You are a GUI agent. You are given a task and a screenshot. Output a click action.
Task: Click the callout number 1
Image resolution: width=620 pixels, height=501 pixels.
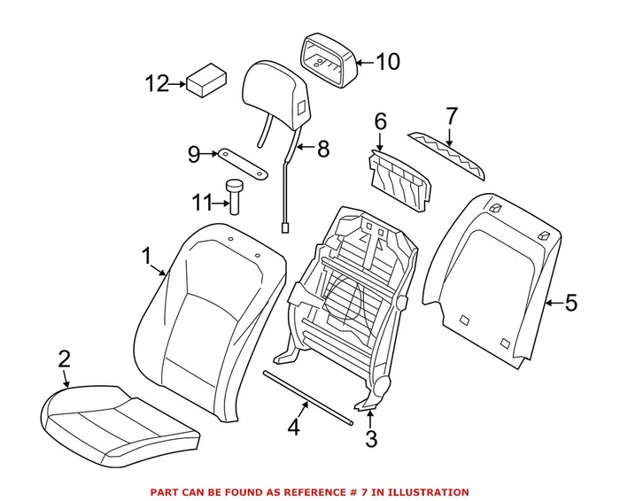pos(147,257)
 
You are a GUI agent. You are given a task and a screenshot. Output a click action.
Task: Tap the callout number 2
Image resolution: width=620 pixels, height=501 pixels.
pos(63,359)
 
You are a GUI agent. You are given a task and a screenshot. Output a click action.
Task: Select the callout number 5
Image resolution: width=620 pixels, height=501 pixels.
pos(570,304)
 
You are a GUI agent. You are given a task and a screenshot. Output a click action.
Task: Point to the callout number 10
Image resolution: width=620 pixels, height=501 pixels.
pos(387,62)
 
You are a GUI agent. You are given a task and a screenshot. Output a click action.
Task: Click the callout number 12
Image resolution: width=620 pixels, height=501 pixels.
pos(156,84)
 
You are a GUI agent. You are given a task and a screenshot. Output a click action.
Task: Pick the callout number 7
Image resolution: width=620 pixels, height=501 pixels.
pos(451,116)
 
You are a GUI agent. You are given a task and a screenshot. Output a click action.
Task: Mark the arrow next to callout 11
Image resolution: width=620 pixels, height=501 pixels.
pos(221,204)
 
